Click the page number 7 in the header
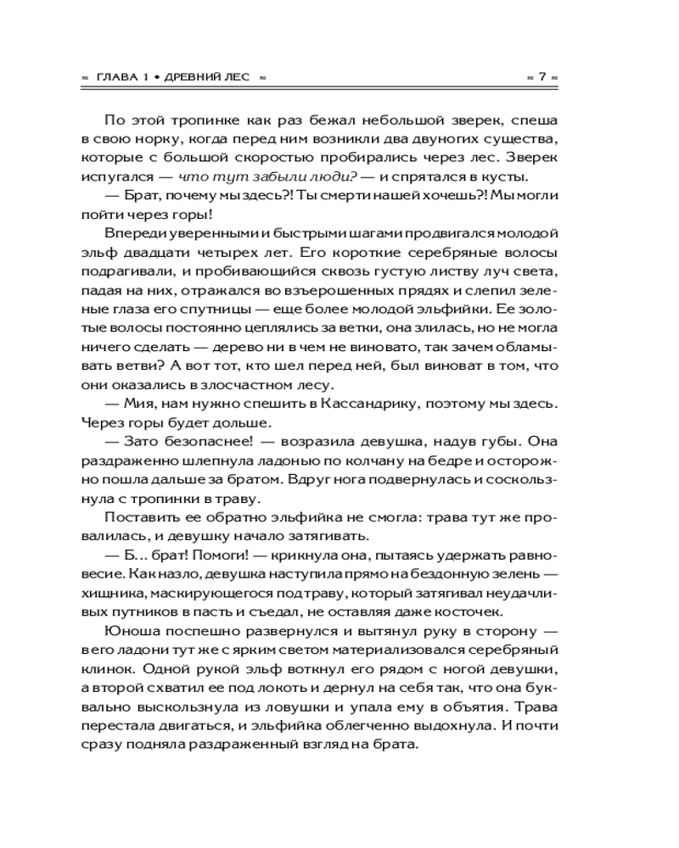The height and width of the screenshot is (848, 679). click(541, 76)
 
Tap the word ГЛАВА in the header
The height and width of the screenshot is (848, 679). click(115, 76)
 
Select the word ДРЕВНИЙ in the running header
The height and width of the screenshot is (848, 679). click(198, 76)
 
